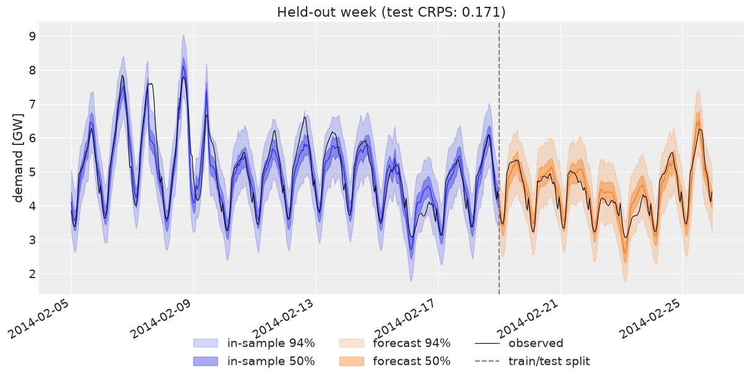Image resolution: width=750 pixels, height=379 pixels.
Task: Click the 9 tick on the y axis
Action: pyautogui.click(x=32, y=36)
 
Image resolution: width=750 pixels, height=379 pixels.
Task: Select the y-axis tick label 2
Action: pyautogui.click(x=32, y=274)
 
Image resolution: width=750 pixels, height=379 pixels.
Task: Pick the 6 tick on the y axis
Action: pyautogui.click(x=32, y=138)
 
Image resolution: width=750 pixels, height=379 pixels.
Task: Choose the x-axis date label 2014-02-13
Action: pyautogui.click(x=284, y=319)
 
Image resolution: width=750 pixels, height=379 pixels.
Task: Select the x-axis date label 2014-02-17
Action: pyautogui.click(x=406, y=319)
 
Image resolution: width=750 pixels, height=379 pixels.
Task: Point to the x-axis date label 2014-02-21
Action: pyautogui.click(x=529, y=319)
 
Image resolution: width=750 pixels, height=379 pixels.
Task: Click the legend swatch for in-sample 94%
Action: pyautogui.click(x=206, y=343)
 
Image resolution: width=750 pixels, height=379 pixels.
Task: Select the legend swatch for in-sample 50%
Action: pyautogui.click(x=206, y=361)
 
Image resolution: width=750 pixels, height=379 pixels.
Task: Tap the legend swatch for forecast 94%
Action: pyautogui.click(x=352, y=343)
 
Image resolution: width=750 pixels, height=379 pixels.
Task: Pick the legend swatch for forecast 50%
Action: pyautogui.click(x=352, y=361)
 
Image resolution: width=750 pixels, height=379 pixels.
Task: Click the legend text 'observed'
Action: pyautogui.click(x=536, y=343)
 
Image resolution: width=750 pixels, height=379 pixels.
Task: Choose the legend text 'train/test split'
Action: pyautogui.click(x=549, y=361)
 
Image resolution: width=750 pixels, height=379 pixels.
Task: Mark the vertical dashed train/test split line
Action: pyautogui.click(x=499, y=158)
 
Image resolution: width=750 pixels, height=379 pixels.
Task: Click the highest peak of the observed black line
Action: pyautogui.click(x=122, y=76)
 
